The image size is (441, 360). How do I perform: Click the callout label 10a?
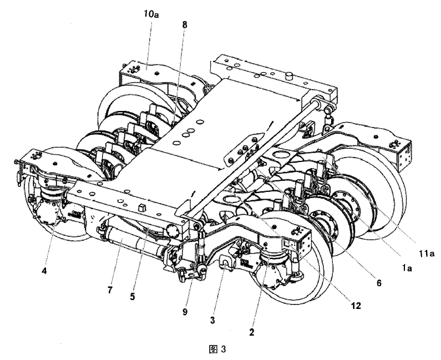pos(151,14)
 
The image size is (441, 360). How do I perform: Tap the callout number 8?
pos(185,25)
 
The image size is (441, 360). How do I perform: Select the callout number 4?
pos(44,271)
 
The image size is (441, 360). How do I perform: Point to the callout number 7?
pos(110,290)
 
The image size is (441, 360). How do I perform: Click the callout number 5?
pos(133,296)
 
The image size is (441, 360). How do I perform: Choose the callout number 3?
pos(212,320)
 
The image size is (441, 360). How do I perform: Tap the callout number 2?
pos(251,332)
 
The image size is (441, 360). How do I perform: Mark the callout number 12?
pos(356,306)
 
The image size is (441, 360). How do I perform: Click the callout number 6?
pos(379,283)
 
